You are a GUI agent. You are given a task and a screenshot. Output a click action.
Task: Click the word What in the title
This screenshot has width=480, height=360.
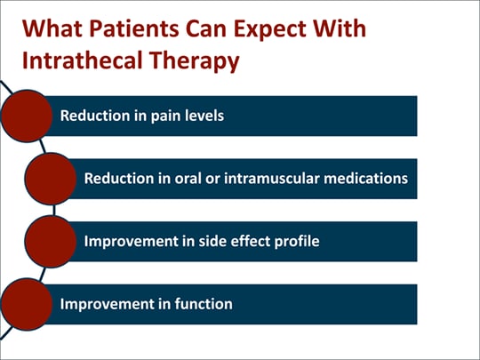click(51, 29)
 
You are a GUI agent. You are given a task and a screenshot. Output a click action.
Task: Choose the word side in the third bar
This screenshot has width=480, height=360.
click(219, 241)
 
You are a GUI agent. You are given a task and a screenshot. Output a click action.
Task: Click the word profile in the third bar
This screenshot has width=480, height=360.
click(294, 241)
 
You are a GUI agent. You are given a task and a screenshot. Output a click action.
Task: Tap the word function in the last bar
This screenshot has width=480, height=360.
click(201, 304)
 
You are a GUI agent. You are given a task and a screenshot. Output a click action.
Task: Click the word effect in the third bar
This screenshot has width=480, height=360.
click(253, 241)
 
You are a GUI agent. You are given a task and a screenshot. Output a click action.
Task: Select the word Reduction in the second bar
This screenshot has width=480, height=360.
click(116, 179)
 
